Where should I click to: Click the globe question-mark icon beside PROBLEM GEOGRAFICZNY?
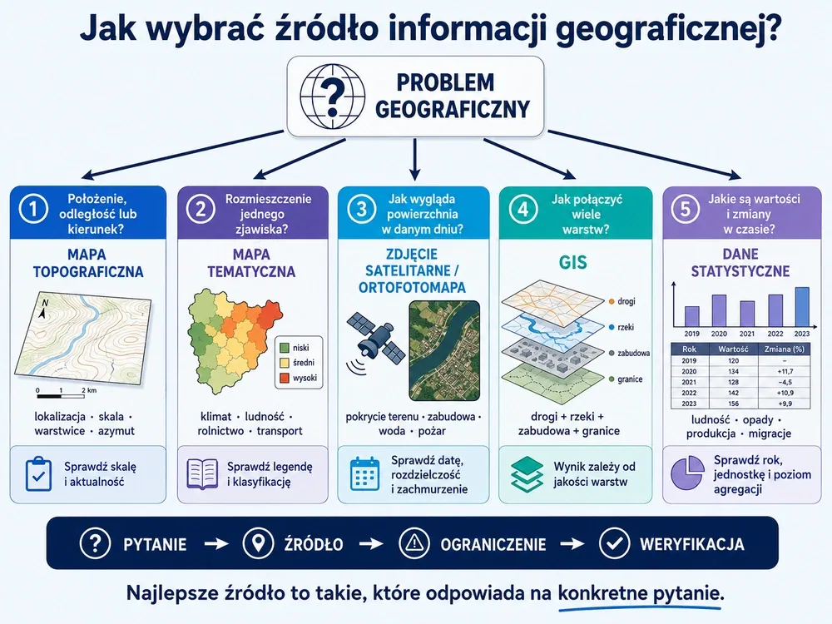click(332, 96)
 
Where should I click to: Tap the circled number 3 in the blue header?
click(361, 209)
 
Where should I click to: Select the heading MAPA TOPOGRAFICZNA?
click(88, 263)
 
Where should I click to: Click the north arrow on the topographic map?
click(43, 310)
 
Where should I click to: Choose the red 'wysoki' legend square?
click(285, 378)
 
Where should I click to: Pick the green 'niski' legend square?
click(285, 348)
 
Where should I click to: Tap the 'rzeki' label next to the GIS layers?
click(626, 327)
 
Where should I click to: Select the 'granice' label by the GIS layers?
click(630, 379)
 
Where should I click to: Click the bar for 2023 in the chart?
click(802, 307)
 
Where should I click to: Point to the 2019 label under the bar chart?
click(691, 334)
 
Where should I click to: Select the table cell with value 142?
click(733, 394)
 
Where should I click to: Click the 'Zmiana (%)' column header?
click(785, 349)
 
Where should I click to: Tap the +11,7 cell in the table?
click(785, 371)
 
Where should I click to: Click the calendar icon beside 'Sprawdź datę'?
click(365, 473)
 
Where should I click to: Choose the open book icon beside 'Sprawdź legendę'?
click(202, 474)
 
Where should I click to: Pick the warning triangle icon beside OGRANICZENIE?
click(414, 543)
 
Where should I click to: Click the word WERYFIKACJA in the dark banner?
click(692, 544)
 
